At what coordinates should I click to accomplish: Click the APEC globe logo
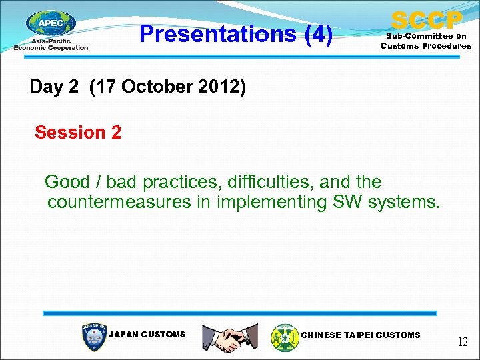51,24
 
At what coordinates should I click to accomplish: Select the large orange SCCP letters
426,19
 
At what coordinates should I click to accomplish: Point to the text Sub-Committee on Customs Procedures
425,41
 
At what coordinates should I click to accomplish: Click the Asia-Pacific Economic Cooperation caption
51,45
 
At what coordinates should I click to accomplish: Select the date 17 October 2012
167,87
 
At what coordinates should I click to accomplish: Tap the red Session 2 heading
78,133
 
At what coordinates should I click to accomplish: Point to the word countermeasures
119,202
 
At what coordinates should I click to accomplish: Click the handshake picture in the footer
230,337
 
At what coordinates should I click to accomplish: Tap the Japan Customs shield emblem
93,337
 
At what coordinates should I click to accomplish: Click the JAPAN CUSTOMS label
147,335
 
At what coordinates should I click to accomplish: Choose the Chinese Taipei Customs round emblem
285,337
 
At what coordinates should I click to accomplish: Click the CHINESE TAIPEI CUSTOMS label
361,335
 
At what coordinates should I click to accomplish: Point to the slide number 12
463,343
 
